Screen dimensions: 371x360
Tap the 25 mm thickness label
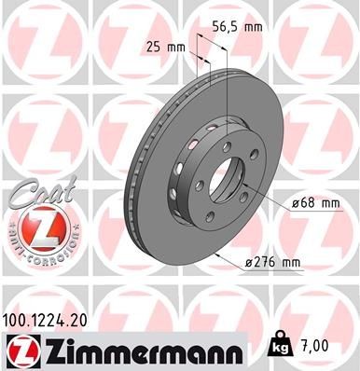tap(164, 45)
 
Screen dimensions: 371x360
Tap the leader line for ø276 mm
tap(239, 259)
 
